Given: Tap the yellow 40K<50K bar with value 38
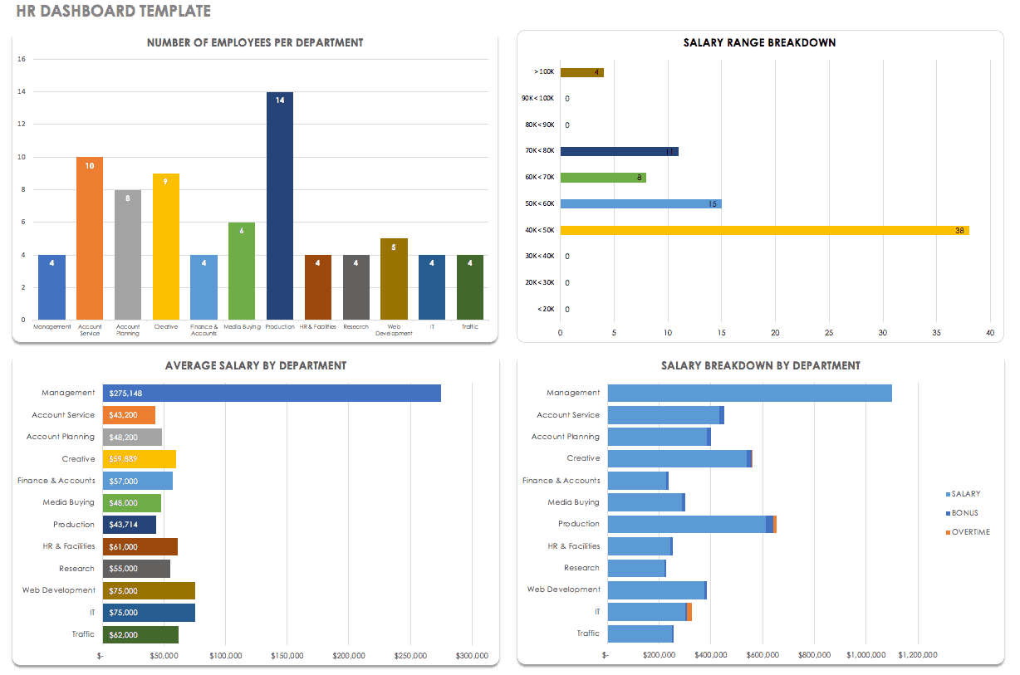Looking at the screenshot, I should tap(764, 230).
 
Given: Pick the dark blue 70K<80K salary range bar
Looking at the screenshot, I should tap(619, 151).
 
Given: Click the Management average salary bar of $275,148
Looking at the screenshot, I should tap(272, 394).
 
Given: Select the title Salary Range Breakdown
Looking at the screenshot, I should tap(759, 42).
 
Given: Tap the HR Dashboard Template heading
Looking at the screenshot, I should tap(113, 12).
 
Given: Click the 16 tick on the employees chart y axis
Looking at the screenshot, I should tap(22, 59).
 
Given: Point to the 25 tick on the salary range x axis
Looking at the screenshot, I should tap(828, 333).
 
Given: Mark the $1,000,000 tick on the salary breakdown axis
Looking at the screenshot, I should tap(866, 655).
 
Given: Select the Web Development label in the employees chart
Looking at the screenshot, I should tap(394, 330).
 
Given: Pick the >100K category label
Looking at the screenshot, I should tap(544, 72).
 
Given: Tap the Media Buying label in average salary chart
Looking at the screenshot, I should tap(69, 502).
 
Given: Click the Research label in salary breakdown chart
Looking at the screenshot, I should tap(581, 568).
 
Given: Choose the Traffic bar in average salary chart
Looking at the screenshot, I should tap(140, 634).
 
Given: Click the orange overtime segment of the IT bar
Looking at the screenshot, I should tap(689, 612).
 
